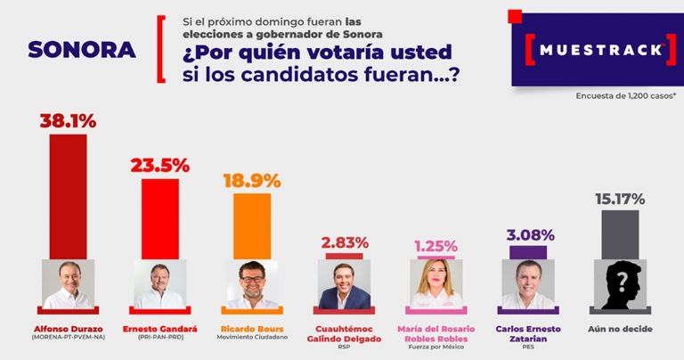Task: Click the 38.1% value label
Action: click(x=68, y=120)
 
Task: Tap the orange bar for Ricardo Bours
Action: click(x=252, y=225)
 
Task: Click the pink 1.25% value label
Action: click(x=436, y=245)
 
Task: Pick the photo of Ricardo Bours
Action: click(x=252, y=285)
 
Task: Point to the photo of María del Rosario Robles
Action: click(x=436, y=285)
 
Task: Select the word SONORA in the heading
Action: click(x=82, y=50)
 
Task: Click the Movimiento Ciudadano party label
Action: click(x=252, y=338)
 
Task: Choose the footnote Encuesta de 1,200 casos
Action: click(x=625, y=94)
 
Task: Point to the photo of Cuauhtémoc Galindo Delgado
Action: click(x=345, y=285)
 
